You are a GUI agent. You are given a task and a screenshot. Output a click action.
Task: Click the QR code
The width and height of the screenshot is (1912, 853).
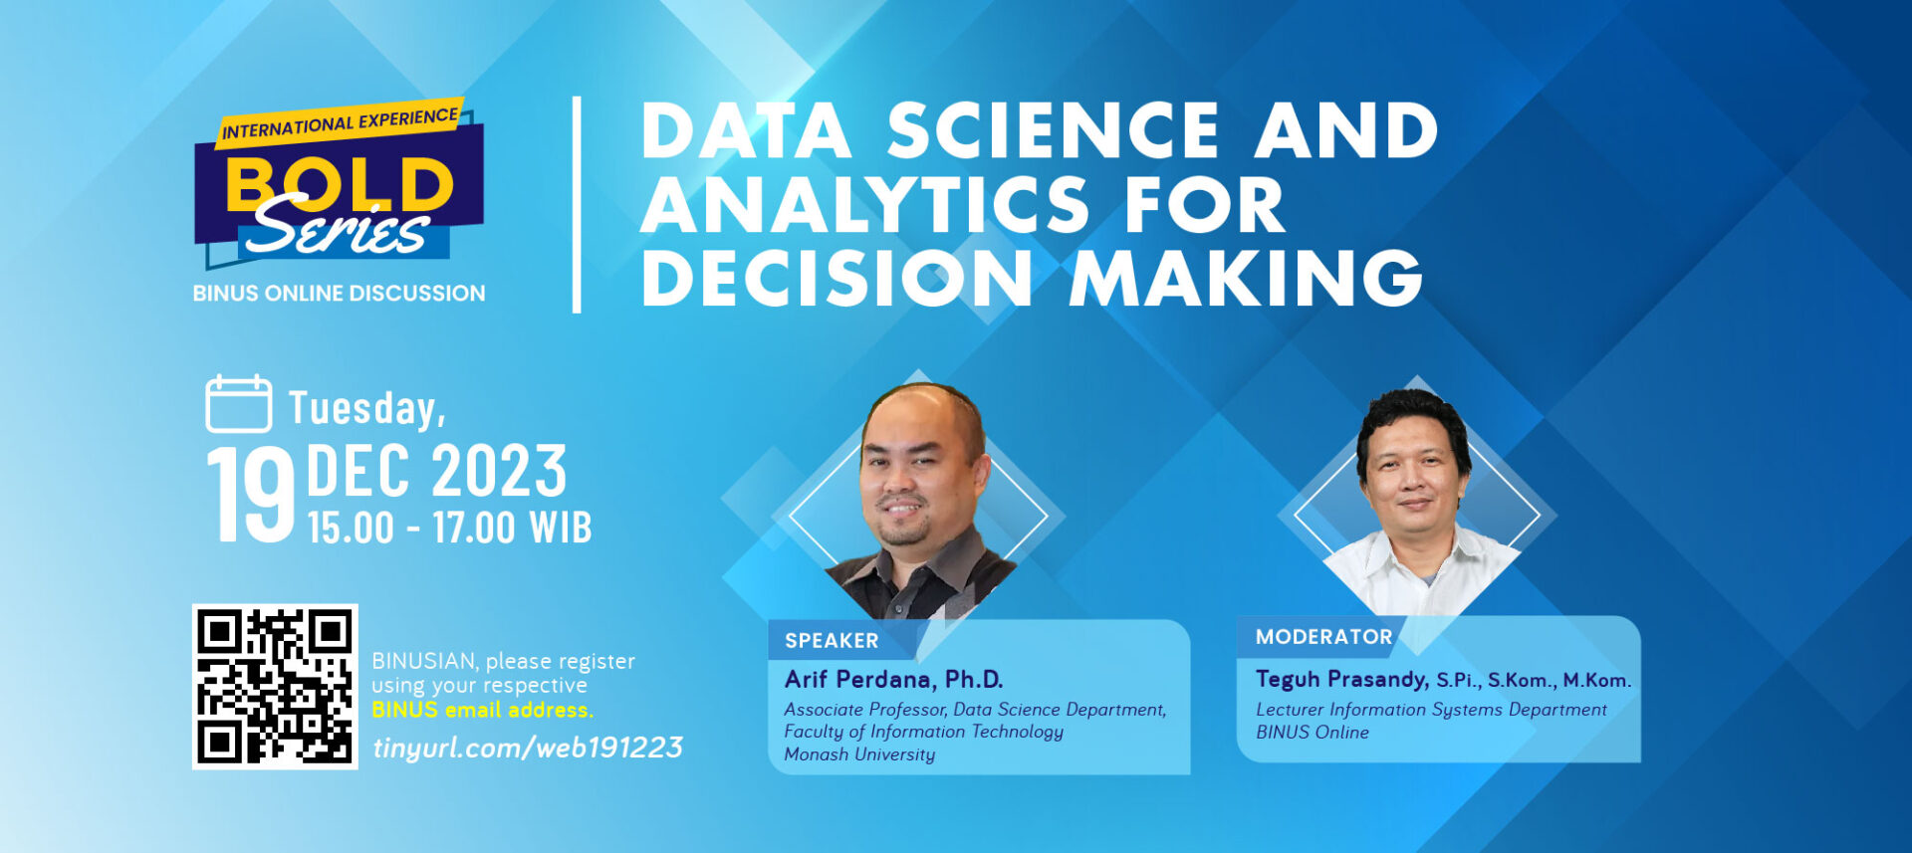[x=275, y=687]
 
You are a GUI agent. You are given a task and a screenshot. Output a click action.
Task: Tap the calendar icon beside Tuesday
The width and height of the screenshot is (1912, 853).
[x=239, y=404]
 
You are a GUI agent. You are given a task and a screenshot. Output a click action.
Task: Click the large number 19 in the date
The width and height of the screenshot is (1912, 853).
[x=251, y=495]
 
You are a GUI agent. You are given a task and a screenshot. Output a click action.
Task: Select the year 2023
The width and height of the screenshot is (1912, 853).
[x=500, y=471]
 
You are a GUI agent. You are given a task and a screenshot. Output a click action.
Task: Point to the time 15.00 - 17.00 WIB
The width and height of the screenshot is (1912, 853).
[x=450, y=528]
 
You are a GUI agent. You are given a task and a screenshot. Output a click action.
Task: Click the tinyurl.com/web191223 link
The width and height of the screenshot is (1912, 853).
[x=528, y=747]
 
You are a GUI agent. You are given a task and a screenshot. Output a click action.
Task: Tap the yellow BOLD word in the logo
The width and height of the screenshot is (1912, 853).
[x=340, y=184]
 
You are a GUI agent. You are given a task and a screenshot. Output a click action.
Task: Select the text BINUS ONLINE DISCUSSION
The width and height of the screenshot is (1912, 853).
[x=340, y=294]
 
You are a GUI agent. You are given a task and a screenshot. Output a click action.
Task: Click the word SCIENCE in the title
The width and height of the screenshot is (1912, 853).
[x=1054, y=130]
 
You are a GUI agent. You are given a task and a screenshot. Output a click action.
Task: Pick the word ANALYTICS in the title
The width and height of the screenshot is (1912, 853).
[x=865, y=204]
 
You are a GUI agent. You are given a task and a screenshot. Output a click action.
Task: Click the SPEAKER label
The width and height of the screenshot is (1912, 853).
[x=832, y=641]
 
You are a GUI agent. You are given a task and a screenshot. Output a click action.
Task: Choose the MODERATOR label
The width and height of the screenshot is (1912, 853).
[x=1323, y=637]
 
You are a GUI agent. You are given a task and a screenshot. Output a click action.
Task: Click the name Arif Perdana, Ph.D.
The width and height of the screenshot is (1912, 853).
[x=893, y=680]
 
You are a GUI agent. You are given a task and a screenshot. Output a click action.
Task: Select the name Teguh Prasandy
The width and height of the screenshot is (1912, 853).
[x=1342, y=680]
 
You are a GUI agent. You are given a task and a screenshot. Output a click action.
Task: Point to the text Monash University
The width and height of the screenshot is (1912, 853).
[x=859, y=754]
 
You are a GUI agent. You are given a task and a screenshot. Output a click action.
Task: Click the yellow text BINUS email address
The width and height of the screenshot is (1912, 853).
[x=482, y=710]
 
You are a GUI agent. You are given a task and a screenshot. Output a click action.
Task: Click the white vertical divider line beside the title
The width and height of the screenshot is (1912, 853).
[x=577, y=205]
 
